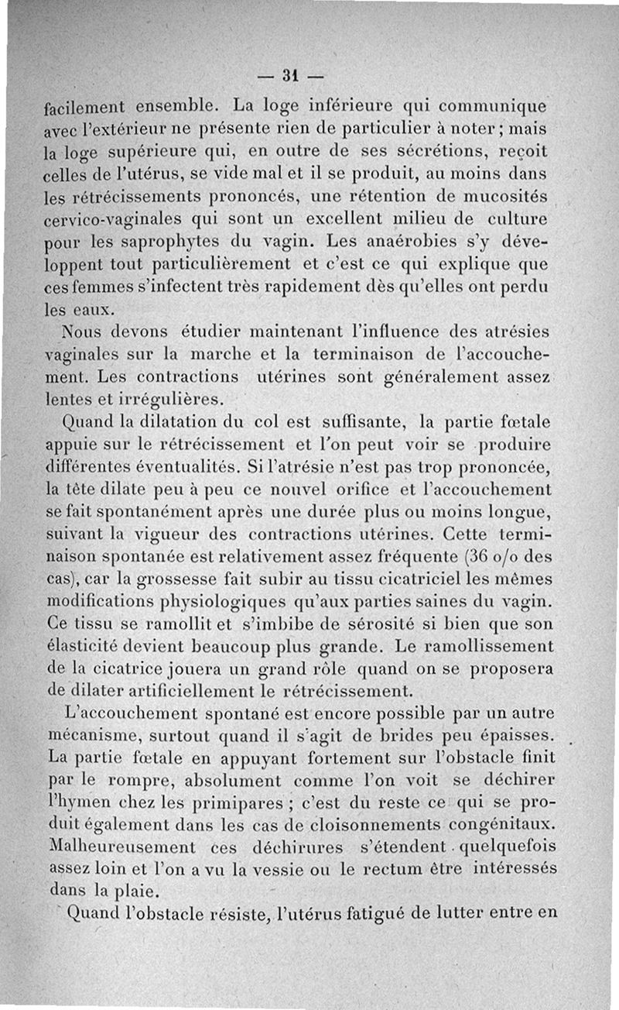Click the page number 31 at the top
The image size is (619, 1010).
(x=291, y=76)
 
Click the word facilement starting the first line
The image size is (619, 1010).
(x=88, y=104)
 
